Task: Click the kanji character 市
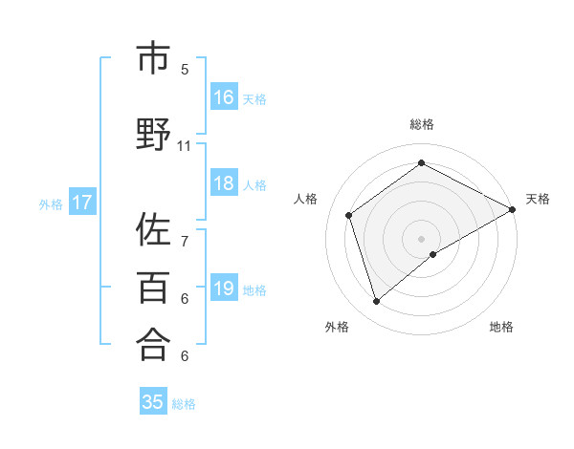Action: click(x=152, y=60)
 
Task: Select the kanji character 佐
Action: click(x=152, y=231)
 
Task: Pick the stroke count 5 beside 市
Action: click(x=185, y=69)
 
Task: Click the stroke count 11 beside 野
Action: click(x=185, y=146)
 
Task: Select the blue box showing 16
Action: click(x=223, y=97)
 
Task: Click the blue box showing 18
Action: click(x=223, y=183)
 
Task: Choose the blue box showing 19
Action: click(x=223, y=289)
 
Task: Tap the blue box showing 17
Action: click(x=81, y=203)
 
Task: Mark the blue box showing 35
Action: click(x=152, y=402)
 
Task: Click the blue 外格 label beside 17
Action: click(x=51, y=203)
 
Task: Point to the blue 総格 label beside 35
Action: click(x=184, y=403)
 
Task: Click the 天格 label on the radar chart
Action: click(x=538, y=199)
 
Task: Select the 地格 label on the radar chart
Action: click(x=501, y=328)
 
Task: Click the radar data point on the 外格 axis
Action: click(x=376, y=302)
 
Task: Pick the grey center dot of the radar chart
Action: click(x=421, y=238)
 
